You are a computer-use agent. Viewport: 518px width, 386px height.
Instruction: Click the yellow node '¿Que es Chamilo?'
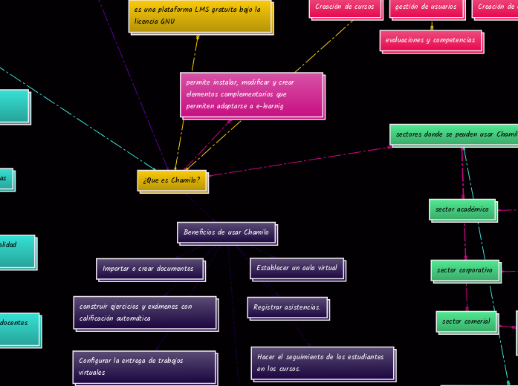point(172,180)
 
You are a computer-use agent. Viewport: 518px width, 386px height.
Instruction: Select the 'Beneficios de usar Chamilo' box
point(227,232)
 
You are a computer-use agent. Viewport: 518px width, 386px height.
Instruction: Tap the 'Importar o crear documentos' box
point(149,269)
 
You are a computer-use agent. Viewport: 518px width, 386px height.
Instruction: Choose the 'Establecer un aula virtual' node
point(297,268)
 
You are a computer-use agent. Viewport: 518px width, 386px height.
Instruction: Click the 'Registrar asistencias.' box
point(287,307)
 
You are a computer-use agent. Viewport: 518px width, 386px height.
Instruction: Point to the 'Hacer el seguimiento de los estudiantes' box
point(321,362)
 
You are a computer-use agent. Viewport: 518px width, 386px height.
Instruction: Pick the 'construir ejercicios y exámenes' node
point(145,313)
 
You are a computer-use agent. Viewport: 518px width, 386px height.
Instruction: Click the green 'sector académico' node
point(462,209)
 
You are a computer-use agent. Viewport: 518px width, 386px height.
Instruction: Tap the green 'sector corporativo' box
point(464,270)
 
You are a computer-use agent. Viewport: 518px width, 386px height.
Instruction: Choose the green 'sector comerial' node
point(466,321)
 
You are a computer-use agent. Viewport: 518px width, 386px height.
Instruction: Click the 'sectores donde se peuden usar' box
point(453,134)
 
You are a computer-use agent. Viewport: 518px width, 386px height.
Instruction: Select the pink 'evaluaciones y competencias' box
point(430,40)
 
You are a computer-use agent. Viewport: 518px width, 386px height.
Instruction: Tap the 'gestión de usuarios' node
point(426,7)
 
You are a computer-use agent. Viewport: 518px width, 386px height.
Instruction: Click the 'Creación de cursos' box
point(344,7)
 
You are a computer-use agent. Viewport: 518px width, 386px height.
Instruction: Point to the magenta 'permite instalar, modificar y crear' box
point(250,94)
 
